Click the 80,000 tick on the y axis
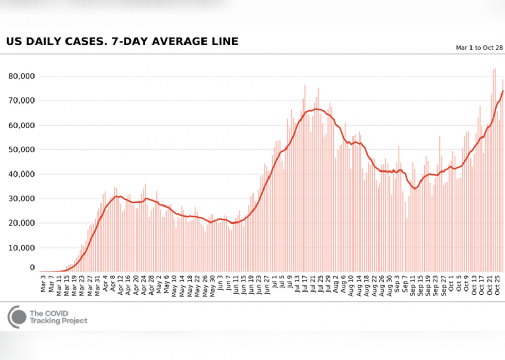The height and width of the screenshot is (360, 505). click(22, 76)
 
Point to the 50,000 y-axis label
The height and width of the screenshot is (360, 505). click(22, 150)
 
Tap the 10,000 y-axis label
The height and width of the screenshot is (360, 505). click(22, 248)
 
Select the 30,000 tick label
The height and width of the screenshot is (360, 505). click(22, 199)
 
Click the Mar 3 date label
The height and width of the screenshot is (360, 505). click(44, 284)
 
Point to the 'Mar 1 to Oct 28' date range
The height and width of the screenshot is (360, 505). click(479, 48)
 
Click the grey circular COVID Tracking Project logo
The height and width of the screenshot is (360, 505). click(16, 317)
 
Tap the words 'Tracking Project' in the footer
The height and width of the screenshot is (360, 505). click(59, 321)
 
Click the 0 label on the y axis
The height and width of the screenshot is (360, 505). click(32, 268)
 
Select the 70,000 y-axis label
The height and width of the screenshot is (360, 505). click(22, 101)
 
